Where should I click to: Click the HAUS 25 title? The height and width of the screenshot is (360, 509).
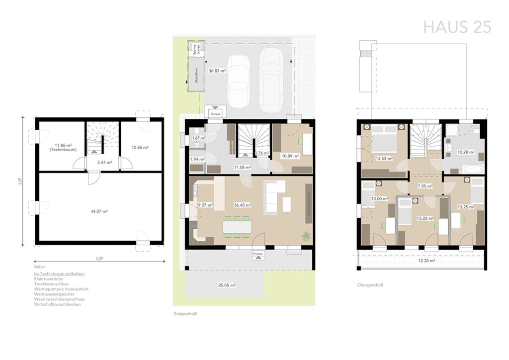click(x=457, y=27)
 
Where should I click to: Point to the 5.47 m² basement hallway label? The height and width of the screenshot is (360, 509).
click(x=104, y=162)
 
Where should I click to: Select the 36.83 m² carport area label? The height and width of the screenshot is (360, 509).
click(x=217, y=71)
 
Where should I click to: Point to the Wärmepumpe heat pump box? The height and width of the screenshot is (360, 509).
click(x=194, y=49)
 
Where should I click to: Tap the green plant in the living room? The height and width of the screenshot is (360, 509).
click(x=306, y=236)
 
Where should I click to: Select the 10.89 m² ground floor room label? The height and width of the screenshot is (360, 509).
click(x=290, y=156)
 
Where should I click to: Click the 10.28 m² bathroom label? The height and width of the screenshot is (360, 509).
click(x=466, y=153)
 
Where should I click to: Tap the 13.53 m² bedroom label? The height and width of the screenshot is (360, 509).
click(x=384, y=159)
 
